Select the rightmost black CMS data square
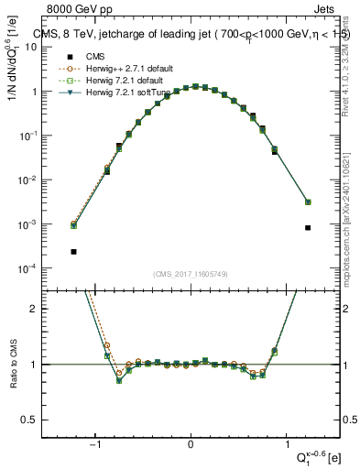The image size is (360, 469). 308,228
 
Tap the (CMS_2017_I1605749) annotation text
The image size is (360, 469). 190,274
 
